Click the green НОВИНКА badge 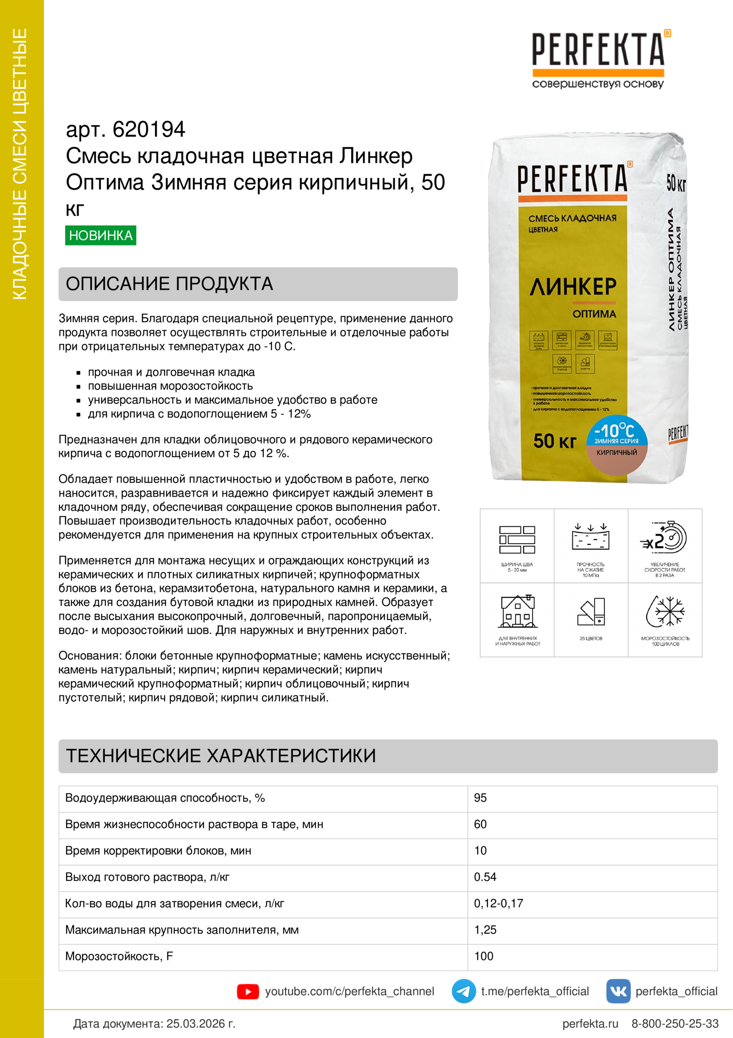[100, 235]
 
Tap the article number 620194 [149, 129]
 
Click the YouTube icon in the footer [247, 991]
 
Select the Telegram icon [463, 991]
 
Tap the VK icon [618, 991]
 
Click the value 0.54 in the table [485, 877]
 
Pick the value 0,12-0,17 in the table [498, 903]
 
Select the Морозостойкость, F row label [119, 956]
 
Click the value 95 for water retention [480, 798]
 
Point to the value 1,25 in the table [485, 930]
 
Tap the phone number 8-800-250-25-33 [674, 1023]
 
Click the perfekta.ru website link [590, 1023]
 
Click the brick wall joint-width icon [517, 539]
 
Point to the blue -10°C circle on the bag [616, 432]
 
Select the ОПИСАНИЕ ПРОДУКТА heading [169, 284]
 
